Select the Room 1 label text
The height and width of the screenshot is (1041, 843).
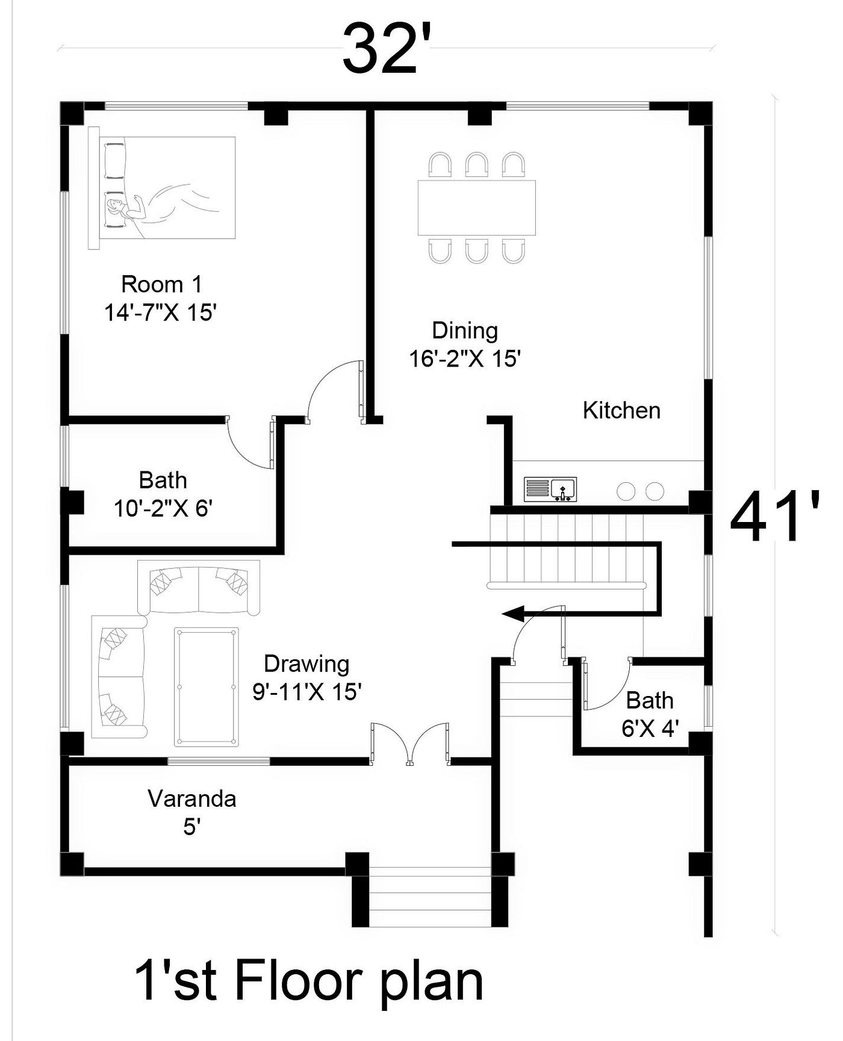(x=162, y=284)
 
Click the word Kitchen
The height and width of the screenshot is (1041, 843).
(x=621, y=411)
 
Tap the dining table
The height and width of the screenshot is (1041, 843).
(x=476, y=208)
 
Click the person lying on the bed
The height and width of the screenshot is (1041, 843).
(x=163, y=205)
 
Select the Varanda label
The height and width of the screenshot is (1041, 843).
(x=192, y=799)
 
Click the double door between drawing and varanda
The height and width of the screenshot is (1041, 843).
(x=410, y=744)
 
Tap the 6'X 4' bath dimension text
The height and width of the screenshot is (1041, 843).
(x=650, y=729)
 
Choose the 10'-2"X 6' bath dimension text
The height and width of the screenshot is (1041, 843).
(x=163, y=509)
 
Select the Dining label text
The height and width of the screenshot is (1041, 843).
(x=465, y=331)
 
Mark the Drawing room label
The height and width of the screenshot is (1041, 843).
(x=306, y=664)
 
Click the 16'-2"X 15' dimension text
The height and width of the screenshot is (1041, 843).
(x=465, y=359)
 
